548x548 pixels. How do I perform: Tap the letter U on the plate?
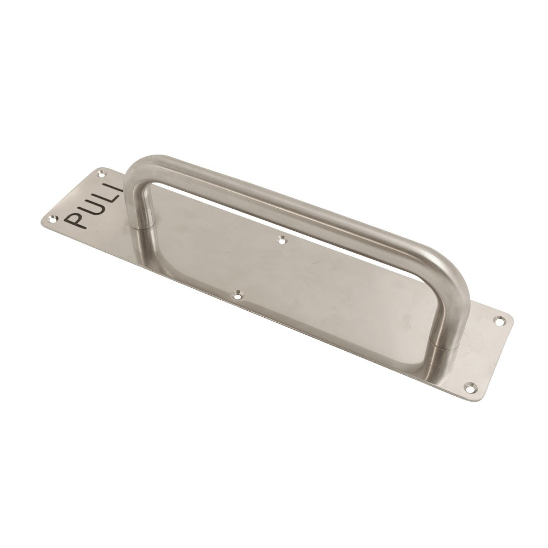[90, 207]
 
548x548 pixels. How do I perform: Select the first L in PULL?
[104, 196]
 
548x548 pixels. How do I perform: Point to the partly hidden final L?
[115, 188]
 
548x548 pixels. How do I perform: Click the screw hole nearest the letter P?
[53, 218]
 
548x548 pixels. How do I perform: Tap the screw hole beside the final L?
[100, 174]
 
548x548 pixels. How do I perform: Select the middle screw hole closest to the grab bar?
[282, 239]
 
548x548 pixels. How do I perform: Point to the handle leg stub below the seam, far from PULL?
[445, 362]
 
